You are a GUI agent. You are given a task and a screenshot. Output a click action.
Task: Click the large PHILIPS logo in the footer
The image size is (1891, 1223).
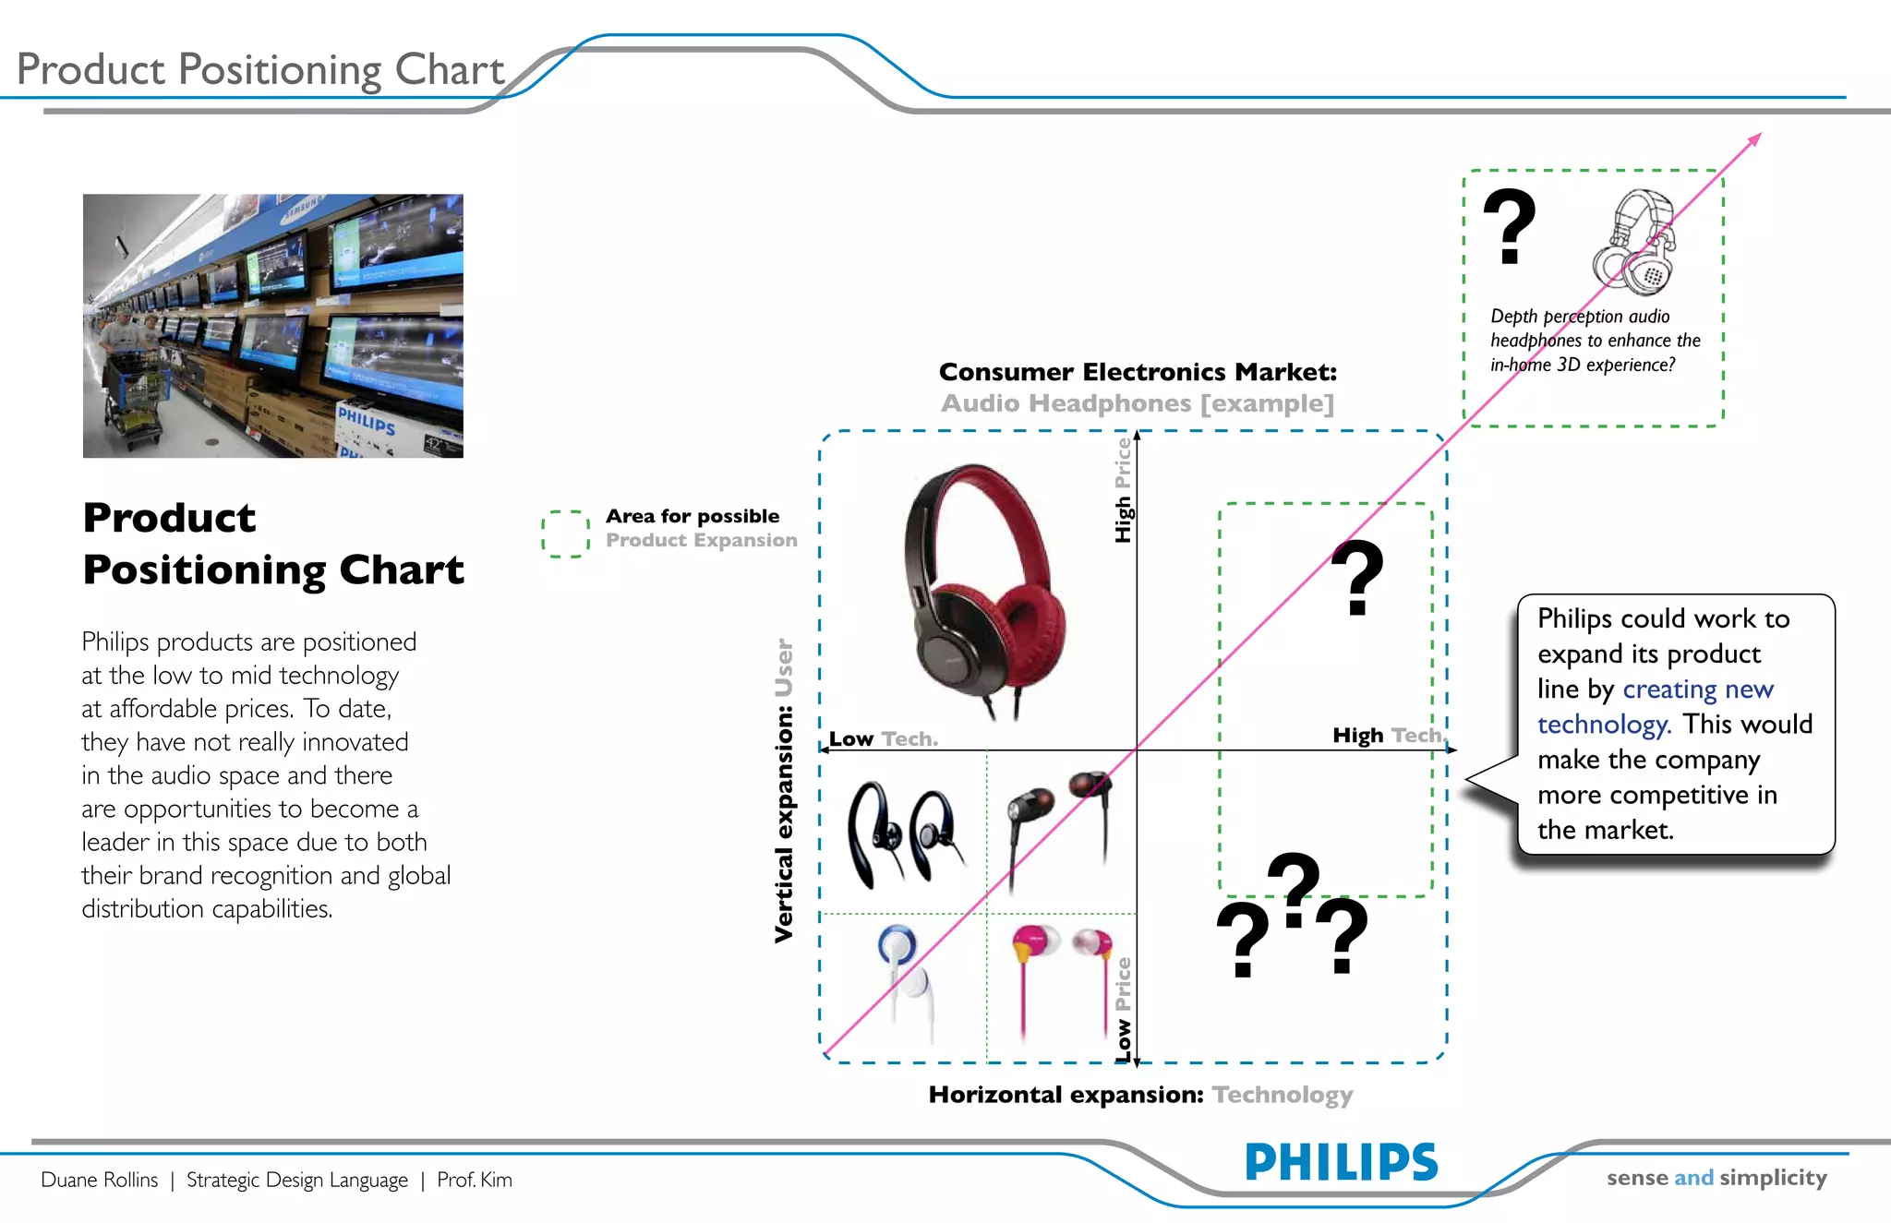click(1341, 1162)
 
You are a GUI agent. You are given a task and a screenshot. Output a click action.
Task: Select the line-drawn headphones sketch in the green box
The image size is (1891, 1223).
click(1634, 243)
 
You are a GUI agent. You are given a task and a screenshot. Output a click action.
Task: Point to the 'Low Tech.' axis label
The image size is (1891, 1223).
click(883, 739)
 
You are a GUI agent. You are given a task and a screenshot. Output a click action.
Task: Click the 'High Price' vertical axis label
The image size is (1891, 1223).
click(1123, 490)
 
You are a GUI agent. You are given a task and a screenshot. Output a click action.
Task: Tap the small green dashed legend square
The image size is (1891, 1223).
click(565, 534)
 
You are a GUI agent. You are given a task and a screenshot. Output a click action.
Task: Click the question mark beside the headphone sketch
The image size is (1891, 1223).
click(1510, 227)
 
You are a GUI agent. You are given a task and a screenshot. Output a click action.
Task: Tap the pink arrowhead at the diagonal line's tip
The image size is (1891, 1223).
click(1754, 139)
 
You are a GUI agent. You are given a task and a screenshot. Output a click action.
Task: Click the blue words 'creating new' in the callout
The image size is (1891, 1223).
click(1698, 689)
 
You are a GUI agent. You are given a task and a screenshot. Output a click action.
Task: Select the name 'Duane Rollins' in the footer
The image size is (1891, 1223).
click(100, 1180)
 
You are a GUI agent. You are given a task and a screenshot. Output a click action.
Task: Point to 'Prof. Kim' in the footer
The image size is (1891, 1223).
click(475, 1180)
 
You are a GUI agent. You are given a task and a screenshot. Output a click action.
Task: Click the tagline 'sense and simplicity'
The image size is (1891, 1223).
click(1716, 1178)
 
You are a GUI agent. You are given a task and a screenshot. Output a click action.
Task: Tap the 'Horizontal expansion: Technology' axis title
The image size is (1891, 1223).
click(1140, 1095)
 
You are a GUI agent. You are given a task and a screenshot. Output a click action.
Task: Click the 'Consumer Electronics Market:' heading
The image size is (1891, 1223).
click(1138, 372)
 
